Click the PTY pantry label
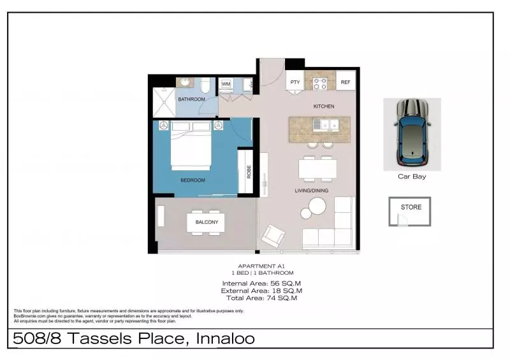295,82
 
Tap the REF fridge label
345,82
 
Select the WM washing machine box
226,84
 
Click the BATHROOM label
191,99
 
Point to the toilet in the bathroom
205,85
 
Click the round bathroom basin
186,82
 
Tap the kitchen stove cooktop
320,82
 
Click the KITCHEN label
323,106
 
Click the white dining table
317,168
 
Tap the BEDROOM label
193,180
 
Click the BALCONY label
207,222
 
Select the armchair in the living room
273,235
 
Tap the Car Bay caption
412,176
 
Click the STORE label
411,207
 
